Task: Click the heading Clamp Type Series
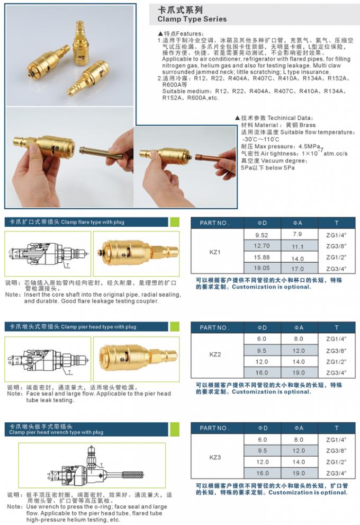[192, 19]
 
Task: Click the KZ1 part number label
[215, 252]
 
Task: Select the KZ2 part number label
[215, 353]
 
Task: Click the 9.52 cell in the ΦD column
[262, 235]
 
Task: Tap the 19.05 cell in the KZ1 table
[262, 268]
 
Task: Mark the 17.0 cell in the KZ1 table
[298, 269]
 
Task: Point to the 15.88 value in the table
[262, 257]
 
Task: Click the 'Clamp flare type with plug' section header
[93, 222]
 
